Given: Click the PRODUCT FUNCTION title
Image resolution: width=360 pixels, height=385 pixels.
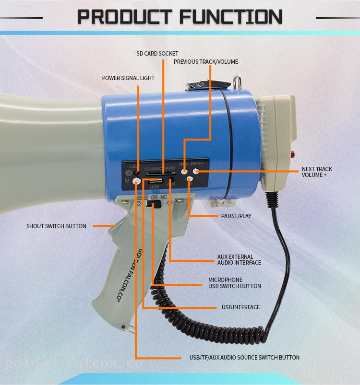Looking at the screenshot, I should tap(180, 17).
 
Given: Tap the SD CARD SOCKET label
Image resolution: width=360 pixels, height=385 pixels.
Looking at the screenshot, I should tap(157, 54).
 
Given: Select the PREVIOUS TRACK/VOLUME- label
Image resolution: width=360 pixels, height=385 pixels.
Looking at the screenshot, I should tap(206, 62).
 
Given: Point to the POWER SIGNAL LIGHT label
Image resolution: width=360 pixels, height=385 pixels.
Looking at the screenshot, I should tap(128, 78).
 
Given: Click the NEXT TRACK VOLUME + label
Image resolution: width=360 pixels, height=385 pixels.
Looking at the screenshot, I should tap(317, 172).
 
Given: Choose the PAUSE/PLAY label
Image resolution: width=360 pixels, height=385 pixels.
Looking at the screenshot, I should tap(236, 216).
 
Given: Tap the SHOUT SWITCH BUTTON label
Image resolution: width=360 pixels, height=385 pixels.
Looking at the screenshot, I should tap(56, 226).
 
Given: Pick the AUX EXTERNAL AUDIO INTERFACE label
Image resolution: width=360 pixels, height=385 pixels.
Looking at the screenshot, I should tap(239, 260).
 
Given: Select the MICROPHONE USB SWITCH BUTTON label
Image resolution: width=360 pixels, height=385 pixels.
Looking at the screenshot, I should tap(234, 283).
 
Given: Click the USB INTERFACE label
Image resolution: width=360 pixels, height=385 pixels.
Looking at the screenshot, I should tap(240, 307).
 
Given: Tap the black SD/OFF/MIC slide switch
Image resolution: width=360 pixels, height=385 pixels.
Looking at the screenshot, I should tap(155, 204).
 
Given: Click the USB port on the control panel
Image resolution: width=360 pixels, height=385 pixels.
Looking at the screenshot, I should tap(154, 181).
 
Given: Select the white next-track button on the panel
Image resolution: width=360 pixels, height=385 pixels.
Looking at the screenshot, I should tap(195, 170).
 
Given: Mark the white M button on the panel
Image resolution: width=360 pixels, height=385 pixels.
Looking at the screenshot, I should tap(137, 181).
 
